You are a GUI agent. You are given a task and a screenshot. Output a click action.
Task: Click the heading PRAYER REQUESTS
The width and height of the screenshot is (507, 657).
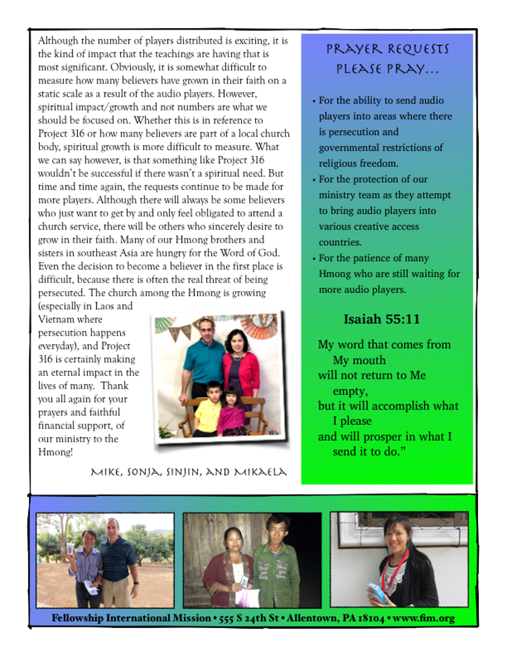(x=387, y=50)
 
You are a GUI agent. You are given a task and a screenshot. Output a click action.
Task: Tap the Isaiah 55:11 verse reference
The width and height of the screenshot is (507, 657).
(x=381, y=319)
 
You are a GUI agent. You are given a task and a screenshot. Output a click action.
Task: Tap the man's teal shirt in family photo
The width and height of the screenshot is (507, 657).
(x=204, y=360)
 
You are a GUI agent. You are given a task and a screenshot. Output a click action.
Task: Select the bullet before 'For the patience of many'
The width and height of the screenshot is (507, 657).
(x=314, y=259)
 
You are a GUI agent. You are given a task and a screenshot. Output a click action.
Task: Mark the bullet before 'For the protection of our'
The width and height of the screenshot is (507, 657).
(x=314, y=180)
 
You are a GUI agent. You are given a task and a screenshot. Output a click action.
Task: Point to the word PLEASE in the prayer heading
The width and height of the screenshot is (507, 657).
(x=359, y=69)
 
